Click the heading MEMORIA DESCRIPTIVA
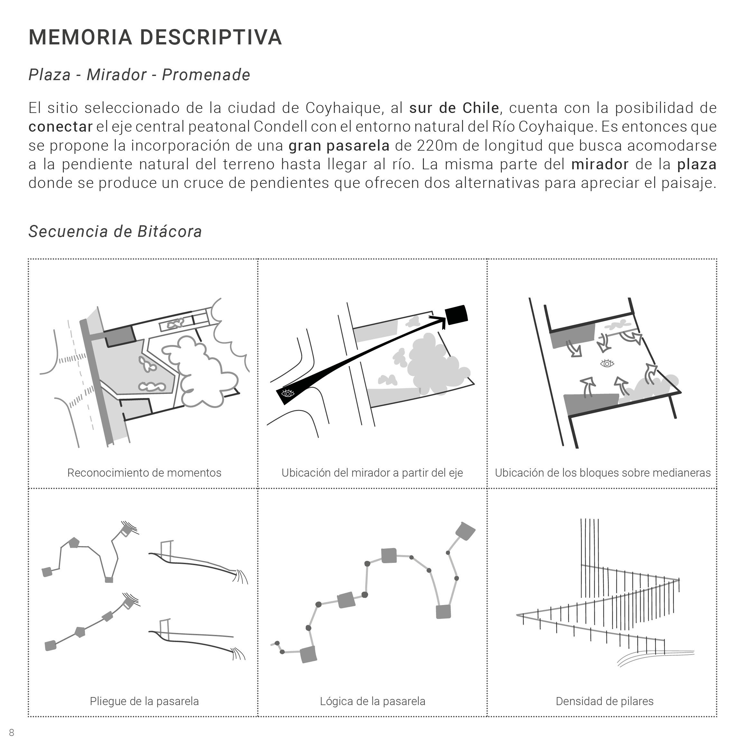[x=155, y=37]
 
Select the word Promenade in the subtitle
[x=206, y=75]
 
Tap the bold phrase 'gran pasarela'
[x=339, y=146]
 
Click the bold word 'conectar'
[x=61, y=127]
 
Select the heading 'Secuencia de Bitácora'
[x=115, y=231]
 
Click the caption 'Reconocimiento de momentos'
[x=144, y=473]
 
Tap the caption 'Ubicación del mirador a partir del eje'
[x=372, y=473]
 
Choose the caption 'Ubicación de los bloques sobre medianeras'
[x=603, y=473]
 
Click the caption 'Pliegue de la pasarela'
[x=144, y=701]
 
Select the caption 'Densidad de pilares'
[x=604, y=701]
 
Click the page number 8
[x=12, y=732]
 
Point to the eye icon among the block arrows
[x=607, y=363]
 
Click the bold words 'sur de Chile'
[x=454, y=108]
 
